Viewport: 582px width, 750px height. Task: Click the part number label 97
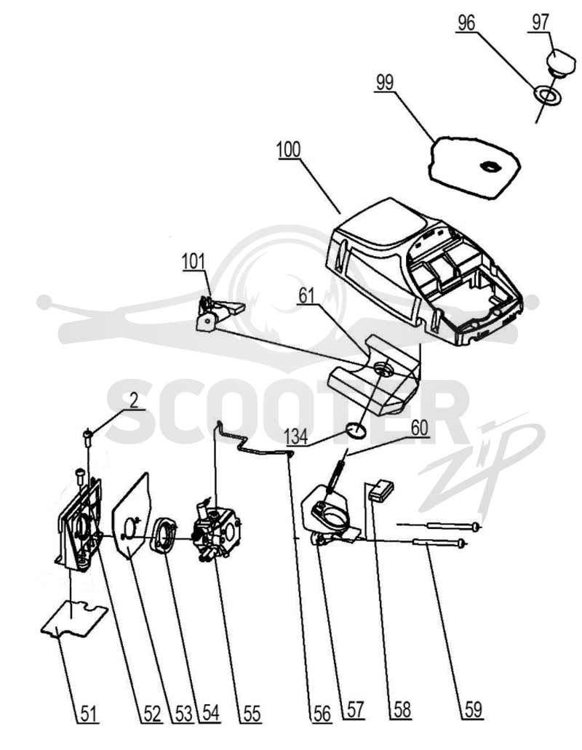click(x=540, y=22)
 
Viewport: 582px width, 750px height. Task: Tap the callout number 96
click(x=466, y=23)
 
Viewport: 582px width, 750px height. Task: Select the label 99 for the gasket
click(x=384, y=82)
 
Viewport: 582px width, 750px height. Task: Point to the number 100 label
click(x=288, y=150)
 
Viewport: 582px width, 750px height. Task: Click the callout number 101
click(x=194, y=262)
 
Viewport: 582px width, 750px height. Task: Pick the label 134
click(x=295, y=437)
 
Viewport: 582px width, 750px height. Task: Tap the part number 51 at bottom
click(x=88, y=714)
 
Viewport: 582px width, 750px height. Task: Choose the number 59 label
click(x=472, y=710)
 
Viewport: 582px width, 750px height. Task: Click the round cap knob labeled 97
click(x=561, y=62)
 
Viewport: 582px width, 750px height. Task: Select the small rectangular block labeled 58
click(x=382, y=490)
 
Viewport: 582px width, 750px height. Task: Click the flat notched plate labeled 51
click(x=74, y=620)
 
